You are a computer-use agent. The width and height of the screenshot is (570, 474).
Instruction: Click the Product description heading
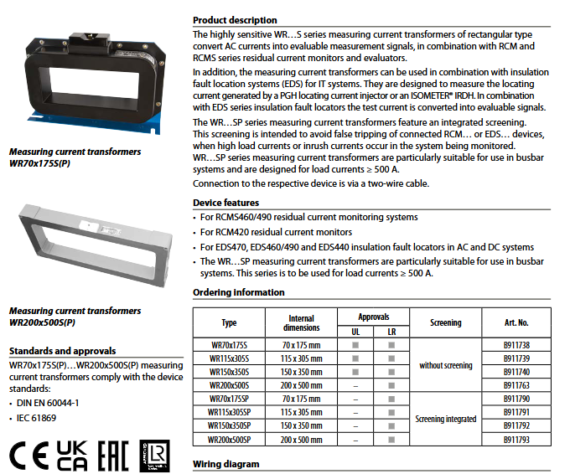coord(235,20)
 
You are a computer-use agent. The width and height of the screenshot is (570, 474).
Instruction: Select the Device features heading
coord(226,203)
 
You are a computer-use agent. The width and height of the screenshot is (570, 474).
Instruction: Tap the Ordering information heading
coord(239,292)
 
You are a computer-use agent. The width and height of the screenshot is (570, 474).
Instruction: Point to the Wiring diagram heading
coord(226,463)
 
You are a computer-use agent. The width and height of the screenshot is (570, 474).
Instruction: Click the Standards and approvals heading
coord(62,351)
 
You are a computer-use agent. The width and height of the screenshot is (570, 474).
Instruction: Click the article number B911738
coord(516,344)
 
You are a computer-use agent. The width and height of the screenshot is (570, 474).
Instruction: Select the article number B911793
coord(516,440)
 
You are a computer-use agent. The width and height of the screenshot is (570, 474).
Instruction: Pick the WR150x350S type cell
coord(229,371)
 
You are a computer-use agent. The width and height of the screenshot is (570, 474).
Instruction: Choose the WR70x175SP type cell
coord(229,399)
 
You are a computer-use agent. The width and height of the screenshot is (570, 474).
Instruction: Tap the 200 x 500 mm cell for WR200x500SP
coord(301,440)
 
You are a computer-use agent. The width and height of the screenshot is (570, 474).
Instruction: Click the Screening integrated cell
coord(445,420)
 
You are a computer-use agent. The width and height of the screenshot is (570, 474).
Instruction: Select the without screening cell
coord(445,365)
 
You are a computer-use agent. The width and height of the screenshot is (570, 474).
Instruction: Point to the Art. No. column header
coord(516,322)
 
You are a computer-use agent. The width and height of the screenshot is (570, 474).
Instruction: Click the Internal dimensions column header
coord(301,322)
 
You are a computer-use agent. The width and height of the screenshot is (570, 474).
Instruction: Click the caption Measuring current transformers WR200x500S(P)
coord(74,316)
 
